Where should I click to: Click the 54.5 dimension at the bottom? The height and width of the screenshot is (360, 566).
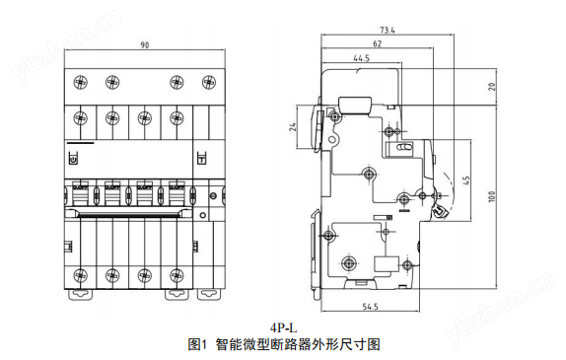click(370, 309)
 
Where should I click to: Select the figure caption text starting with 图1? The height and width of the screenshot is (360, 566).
click(283, 344)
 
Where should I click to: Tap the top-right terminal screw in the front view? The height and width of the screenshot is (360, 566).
click(207, 81)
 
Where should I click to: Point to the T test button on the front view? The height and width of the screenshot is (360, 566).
click(201, 157)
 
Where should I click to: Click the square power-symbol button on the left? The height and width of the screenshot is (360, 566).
click(72, 157)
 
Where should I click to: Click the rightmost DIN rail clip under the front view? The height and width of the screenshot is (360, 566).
click(208, 293)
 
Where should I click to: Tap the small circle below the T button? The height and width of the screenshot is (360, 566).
click(201, 212)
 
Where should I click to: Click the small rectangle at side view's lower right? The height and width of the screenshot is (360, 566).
click(391, 261)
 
